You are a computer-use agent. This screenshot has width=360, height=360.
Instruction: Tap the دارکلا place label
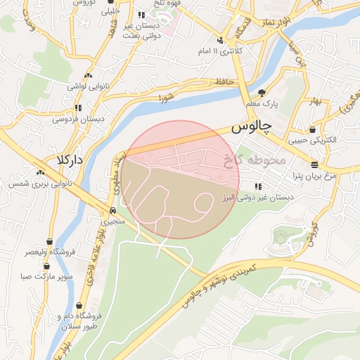[x=70, y=160]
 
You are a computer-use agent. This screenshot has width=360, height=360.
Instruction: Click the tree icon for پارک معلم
[x=262, y=93]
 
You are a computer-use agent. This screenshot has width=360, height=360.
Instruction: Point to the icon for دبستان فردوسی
[x=77, y=108]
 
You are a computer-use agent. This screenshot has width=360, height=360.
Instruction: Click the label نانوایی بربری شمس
[x=36, y=184]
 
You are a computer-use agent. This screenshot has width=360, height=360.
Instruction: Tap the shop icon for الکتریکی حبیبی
[x=311, y=129]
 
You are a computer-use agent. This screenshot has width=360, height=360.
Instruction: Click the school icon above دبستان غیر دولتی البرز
[x=258, y=186]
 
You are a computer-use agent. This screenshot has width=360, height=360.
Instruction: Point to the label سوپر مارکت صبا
[x=46, y=278]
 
